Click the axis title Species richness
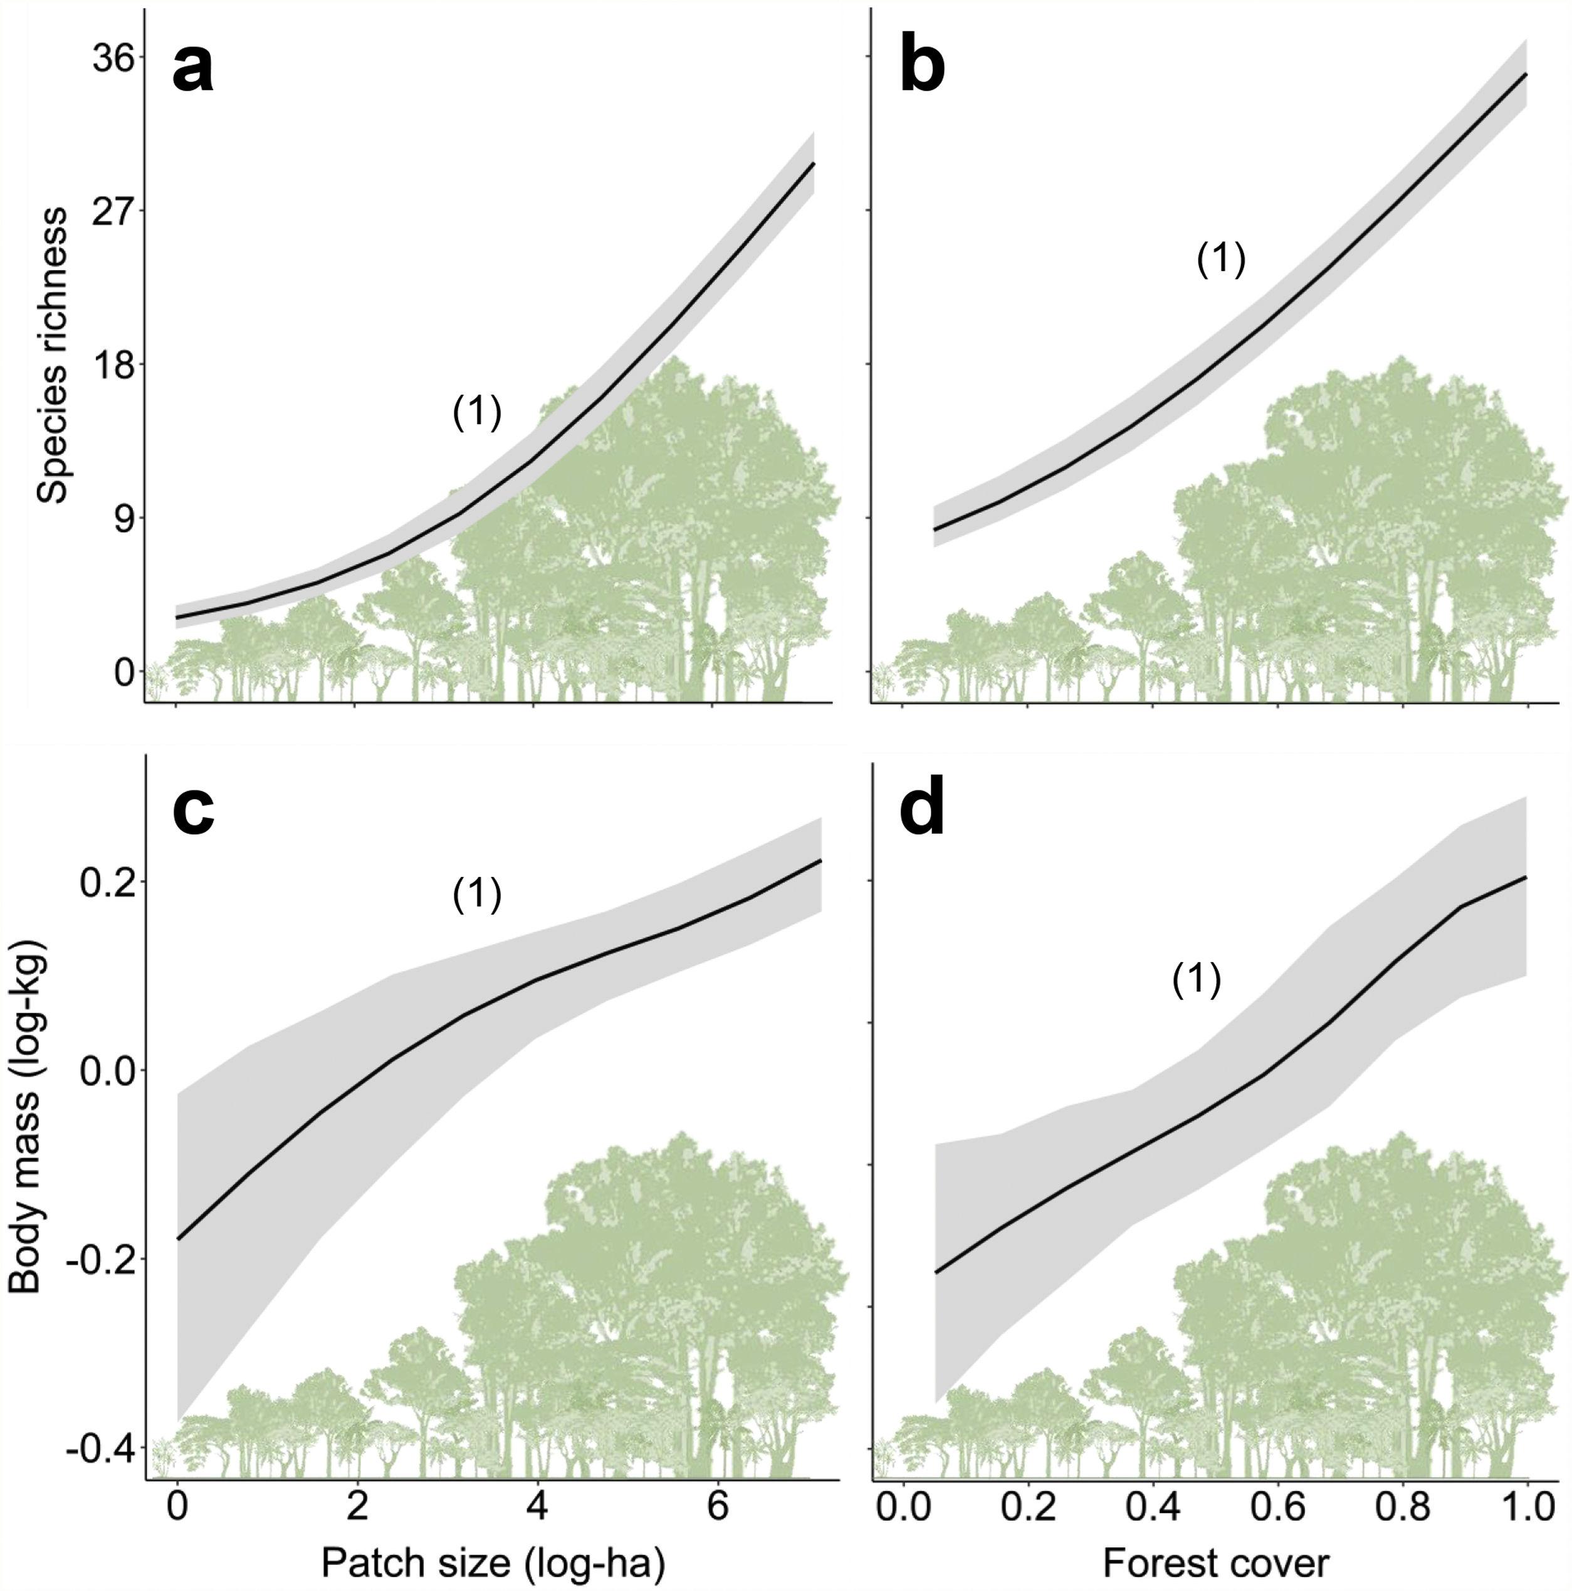pyautogui.click(x=55, y=354)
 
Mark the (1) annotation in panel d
pyautogui.click(x=1195, y=980)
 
